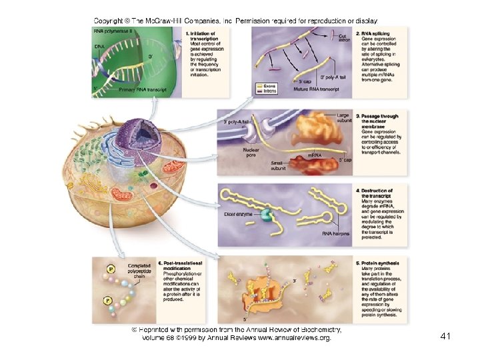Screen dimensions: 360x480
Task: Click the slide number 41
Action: [446, 337]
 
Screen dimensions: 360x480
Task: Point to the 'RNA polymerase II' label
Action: [113, 31]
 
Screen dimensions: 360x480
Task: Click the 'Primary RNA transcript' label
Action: [144, 89]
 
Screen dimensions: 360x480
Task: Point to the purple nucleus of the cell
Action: [136, 137]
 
